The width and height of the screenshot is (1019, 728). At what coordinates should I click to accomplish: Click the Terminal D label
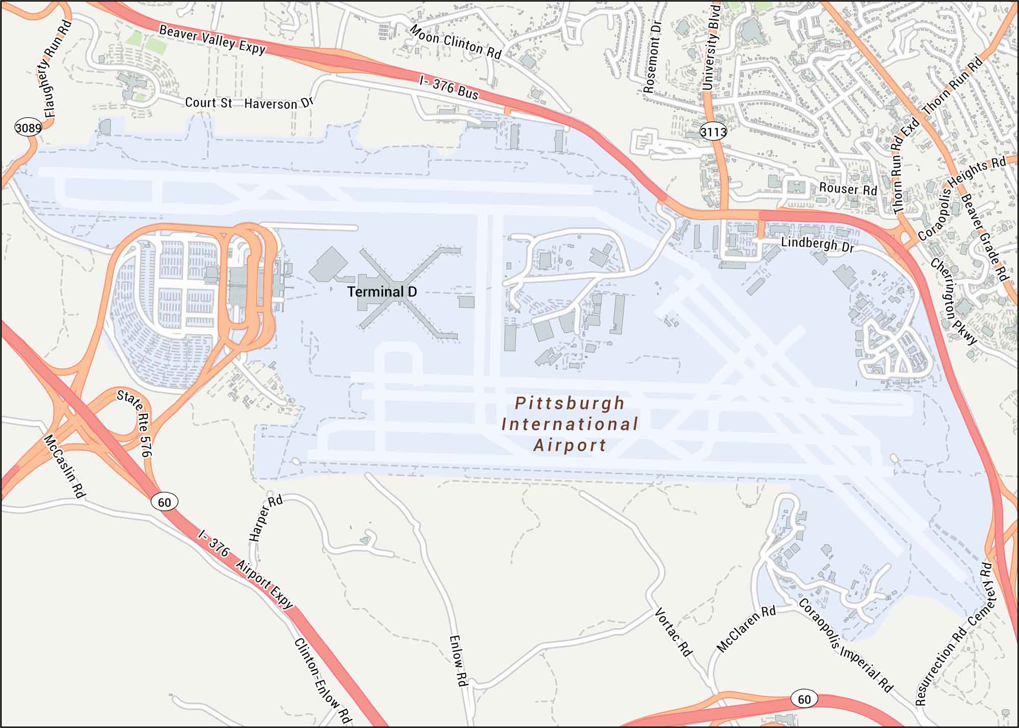[x=382, y=292]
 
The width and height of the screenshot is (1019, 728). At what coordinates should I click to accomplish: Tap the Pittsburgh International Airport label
[x=570, y=424]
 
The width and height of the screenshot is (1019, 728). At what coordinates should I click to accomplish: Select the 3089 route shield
[x=28, y=127]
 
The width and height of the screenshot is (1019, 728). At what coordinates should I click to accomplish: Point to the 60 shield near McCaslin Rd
[x=164, y=502]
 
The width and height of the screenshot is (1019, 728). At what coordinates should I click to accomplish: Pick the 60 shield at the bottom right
[x=804, y=698]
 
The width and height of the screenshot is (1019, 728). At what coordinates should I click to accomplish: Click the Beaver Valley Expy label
[x=212, y=40]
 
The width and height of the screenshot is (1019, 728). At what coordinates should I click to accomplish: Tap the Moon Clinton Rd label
[x=455, y=42]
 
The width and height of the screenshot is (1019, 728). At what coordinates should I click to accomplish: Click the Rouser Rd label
[x=848, y=189]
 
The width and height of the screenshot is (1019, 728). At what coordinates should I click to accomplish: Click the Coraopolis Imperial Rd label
[x=845, y=645]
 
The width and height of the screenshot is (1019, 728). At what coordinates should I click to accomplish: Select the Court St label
[x=208, y=102]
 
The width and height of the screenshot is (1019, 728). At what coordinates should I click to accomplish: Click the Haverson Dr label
[x=278, y=103]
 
